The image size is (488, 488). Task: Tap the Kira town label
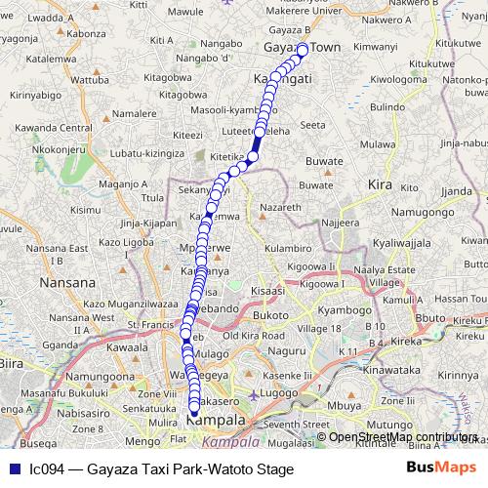pos(379,183)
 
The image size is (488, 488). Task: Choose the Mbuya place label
pos(352,403)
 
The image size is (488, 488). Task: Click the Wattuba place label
pos(90,79)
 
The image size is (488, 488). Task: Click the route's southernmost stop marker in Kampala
pos(193,412)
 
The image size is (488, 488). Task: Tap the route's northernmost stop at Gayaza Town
pos(303,49)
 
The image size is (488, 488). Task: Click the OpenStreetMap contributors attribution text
pos(402,437)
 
